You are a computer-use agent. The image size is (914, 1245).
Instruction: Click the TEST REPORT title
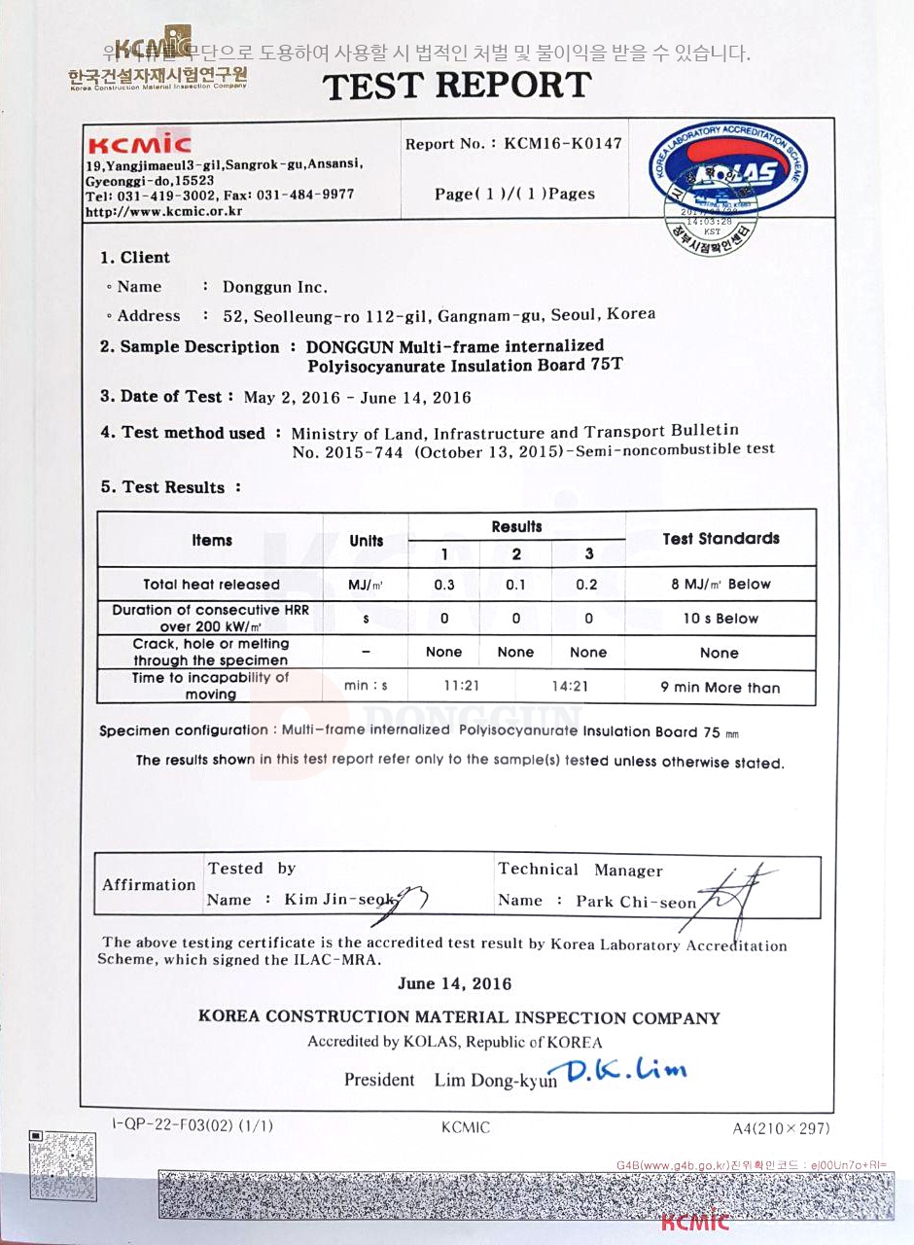click(x=457, y=87)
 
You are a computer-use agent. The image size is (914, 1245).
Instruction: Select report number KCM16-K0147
click(x=563, y=143)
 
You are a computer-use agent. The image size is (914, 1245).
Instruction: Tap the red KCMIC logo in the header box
click(x=139, y=145)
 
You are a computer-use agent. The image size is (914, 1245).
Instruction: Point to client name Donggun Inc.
click(x=275, y=288)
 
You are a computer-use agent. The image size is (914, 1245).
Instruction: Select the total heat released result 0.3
click(x=444, y=585)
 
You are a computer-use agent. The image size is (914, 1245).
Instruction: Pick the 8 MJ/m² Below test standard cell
click(x=721, y=585)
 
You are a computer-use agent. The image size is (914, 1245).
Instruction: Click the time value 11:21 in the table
click(x=462, y=686)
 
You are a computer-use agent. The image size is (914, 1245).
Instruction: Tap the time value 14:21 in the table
click(x=569, y=686)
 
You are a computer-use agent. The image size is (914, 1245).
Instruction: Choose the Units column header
click(x=366, y=541)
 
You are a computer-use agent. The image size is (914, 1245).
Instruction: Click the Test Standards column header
click(x=721, y=539)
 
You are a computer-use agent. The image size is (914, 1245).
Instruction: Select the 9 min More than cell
click(x=721, y=688)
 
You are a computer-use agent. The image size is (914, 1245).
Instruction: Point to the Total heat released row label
click(x=211, y=585)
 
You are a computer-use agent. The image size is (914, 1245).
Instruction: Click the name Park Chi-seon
click(x=636, y=902)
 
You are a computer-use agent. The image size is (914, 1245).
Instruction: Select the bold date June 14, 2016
click(x=454, y=983)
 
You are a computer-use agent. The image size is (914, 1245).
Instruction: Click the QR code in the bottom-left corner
click(x=63, y=1166)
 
